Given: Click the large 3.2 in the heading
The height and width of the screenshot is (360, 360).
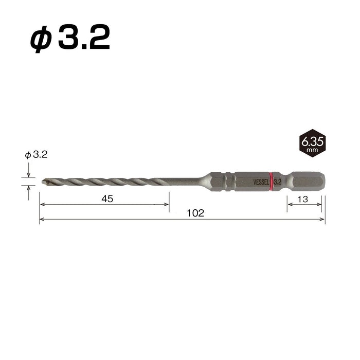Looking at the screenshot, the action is click(84, 37).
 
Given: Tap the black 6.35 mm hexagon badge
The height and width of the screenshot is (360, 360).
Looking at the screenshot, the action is click(313, 143).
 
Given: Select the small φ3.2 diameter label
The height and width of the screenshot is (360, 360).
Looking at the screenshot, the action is click(37, 155).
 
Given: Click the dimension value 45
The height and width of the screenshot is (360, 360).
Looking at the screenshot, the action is click(107, 199).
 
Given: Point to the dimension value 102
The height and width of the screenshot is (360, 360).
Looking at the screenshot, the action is click(195, 213).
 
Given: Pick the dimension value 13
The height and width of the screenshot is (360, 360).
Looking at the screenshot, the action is click(303, 200).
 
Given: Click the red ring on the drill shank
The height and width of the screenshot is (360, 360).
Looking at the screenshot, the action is click(271, 181).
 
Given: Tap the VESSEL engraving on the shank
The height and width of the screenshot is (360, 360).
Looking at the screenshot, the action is click(261, 182).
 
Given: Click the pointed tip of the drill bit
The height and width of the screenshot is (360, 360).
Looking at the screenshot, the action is click(42, 182).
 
